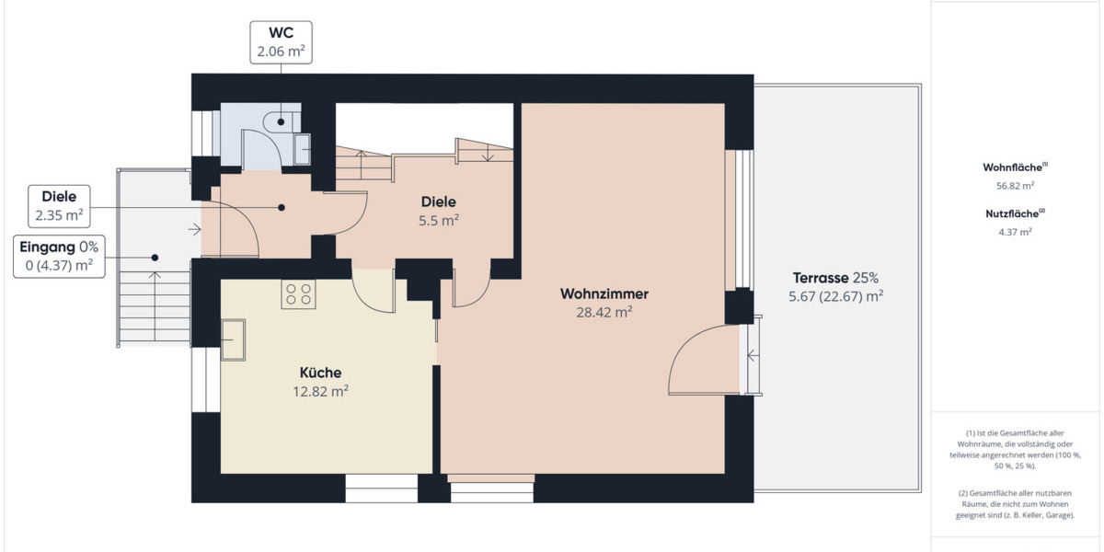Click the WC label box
[x=281, y=42]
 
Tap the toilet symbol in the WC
[x=280, y=121]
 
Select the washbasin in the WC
[x=301, y=148]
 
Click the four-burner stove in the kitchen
[x=298, y=293]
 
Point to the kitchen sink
[x=232, y=341]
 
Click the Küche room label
[x=320, y=373]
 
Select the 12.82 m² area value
[x=320, y=391]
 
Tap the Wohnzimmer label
[x=604, y=294]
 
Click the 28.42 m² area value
[x=604, y=313]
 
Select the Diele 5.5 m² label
[x=439, y=211]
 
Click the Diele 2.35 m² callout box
[x=59, y=206]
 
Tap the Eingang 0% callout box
[x=57, y=256]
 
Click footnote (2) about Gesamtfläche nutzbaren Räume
[x=1015, y=504]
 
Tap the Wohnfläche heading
[x=1015, y=167]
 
